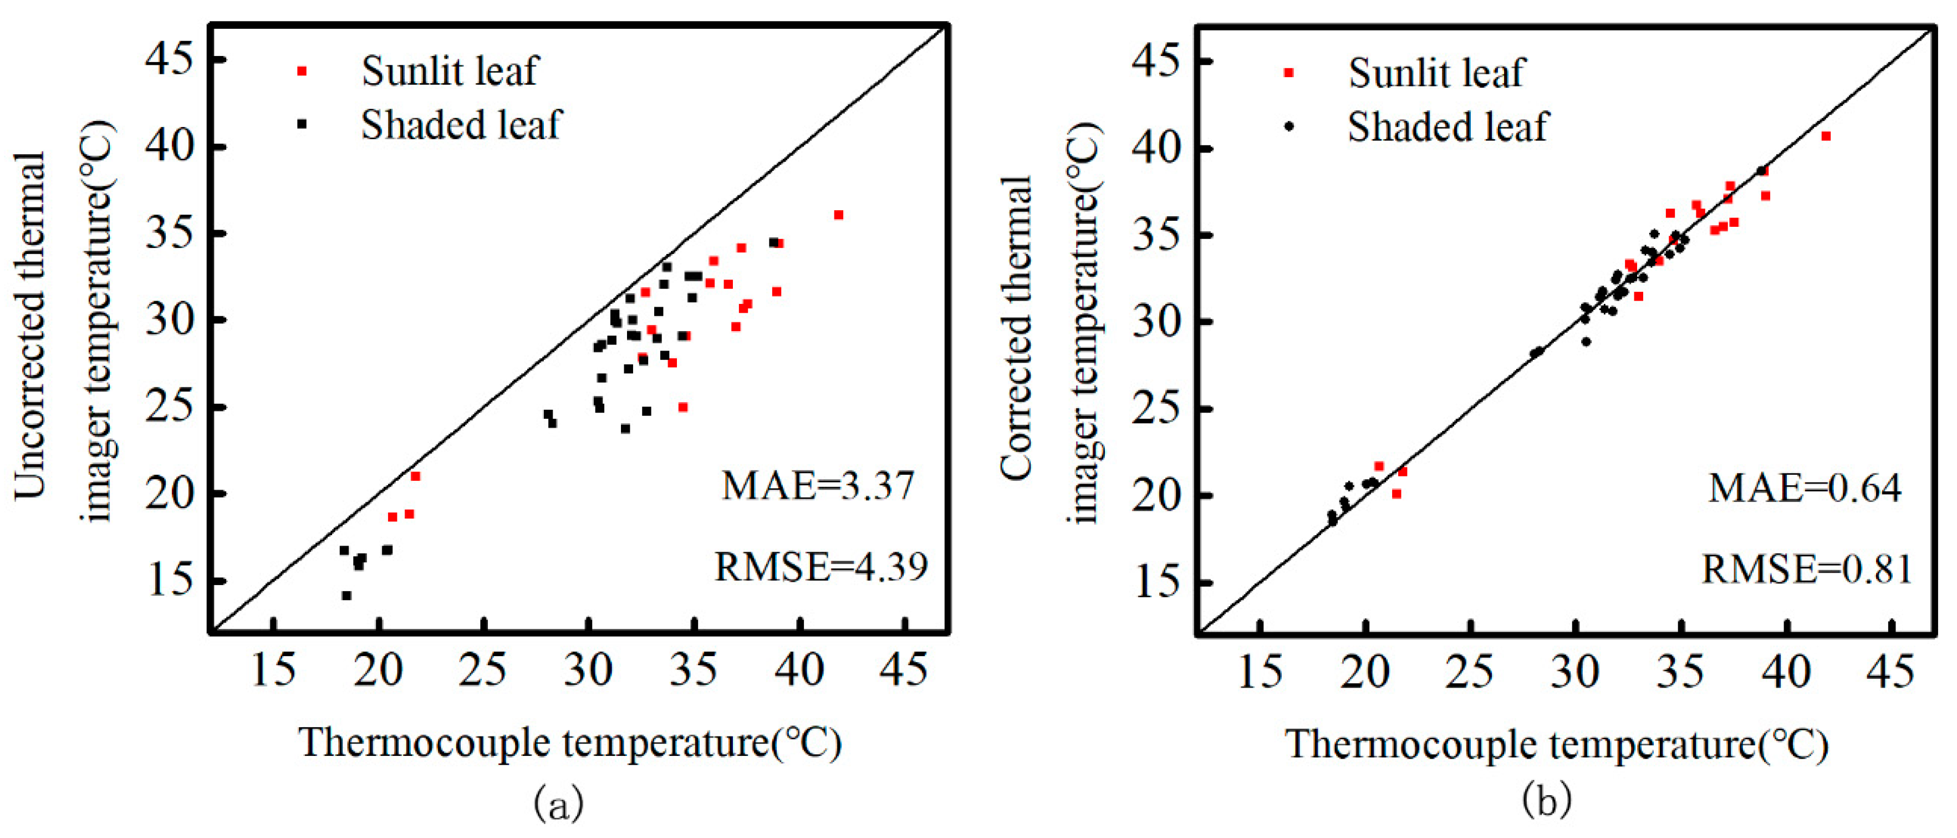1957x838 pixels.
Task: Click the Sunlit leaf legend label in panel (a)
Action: pyautogui.click(x=449, y=72)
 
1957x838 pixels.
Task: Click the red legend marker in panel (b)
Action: pyautogui.click(x=1288, y=73)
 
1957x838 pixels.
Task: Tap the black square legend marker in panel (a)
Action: pyautogui.click(x=302, y=124)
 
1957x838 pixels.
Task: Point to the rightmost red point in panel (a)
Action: pyautogui.click(x=839, y=215)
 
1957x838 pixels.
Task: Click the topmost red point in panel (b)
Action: pyautogui.click(x=1826, y=136)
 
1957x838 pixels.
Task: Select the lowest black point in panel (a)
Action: pyautogui.click(x=346, y=596)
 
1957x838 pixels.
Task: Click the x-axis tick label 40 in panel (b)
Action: pyautogui.click(x=1786, y=672)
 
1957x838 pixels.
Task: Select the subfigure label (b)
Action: pyautogui.click(x=1546, y=800)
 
